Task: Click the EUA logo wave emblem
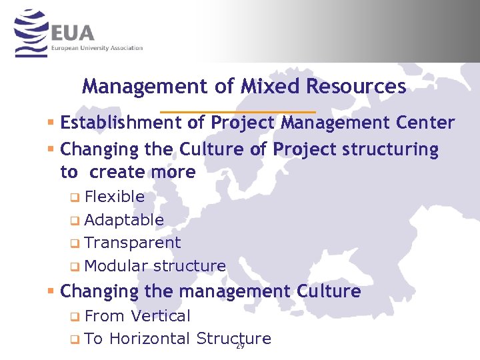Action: [x=31, y=33]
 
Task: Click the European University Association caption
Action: [x=97, y=48]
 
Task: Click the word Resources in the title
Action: [x=356, y=87]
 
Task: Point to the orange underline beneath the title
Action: [x=238, y=111]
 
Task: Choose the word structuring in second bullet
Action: [x=390, y=149]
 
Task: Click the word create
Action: [x=118, y=172]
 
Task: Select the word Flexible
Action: [x=115, y=197]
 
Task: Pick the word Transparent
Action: [x=133, y=243]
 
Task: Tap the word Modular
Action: [x=117, y=266]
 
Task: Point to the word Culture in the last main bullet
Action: [x=330, y=291]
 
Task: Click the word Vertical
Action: [x=161, y=316]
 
